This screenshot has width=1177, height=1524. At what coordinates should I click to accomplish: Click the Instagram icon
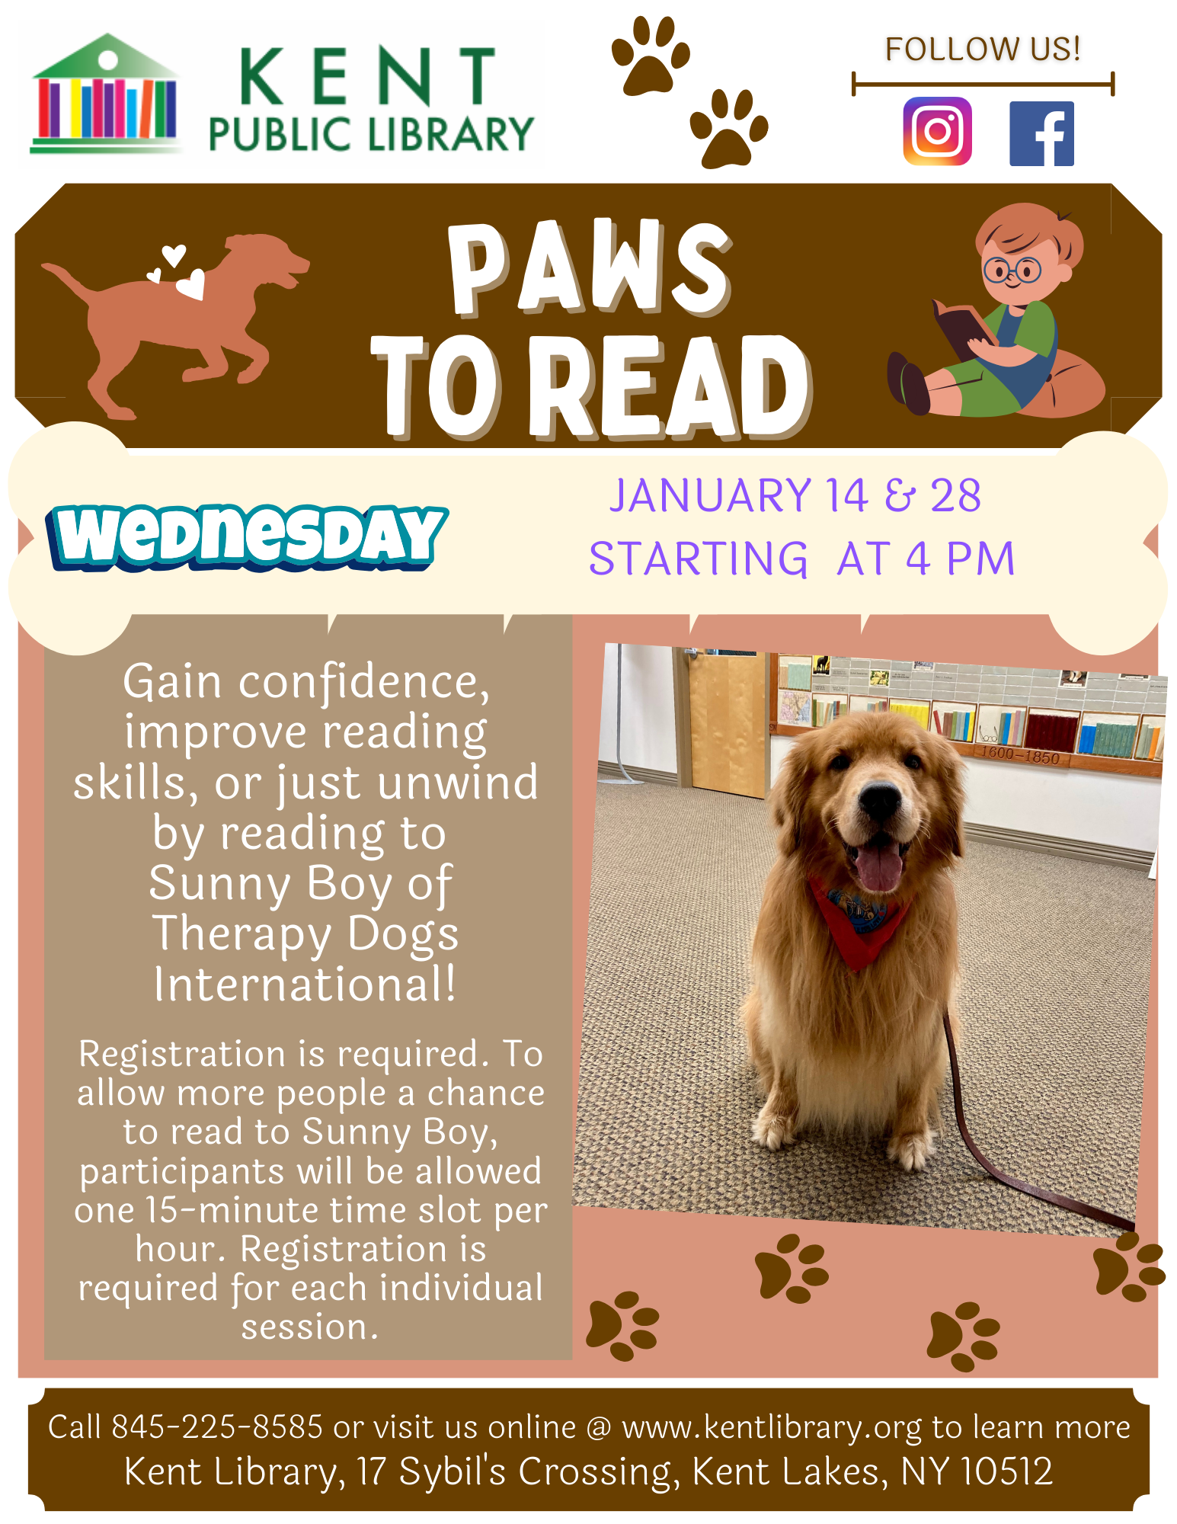(x=937, y=131)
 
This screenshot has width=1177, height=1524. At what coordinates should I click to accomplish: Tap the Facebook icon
(x=1041, y=133)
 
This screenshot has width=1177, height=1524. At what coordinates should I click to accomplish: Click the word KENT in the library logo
(x=367, y=75)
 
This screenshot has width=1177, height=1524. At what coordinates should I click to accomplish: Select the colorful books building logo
(x=107, y=93)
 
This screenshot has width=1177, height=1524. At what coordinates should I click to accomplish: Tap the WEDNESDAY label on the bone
(x=246, y=537)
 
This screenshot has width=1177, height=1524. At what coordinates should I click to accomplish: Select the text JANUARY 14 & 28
(x=795, y=495)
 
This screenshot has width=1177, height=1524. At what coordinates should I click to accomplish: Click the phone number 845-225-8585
(x=217, y=1426)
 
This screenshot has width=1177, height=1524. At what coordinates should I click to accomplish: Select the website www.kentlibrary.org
(x=772, y=1428)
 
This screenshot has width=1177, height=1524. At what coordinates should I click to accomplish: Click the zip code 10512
(x=1006, y=1471)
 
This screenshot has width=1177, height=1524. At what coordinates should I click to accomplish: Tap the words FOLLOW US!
(x=983, y=49)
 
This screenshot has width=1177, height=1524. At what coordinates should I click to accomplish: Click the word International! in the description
(x=305, y=984)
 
